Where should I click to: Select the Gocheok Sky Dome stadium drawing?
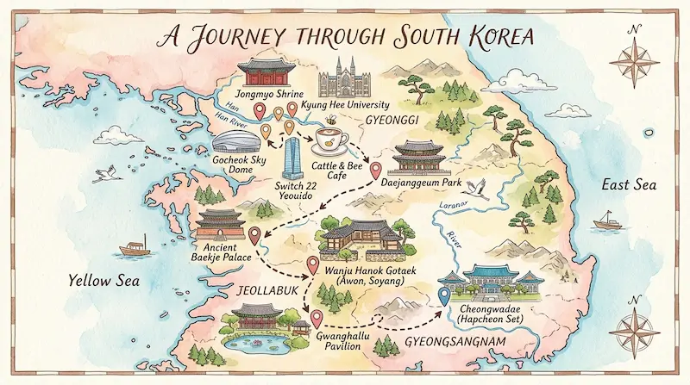click(233, 141)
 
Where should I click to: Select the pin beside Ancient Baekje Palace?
click(254, 234)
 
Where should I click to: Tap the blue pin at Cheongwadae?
click(444, 296)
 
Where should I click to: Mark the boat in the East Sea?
click(607, 222)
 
